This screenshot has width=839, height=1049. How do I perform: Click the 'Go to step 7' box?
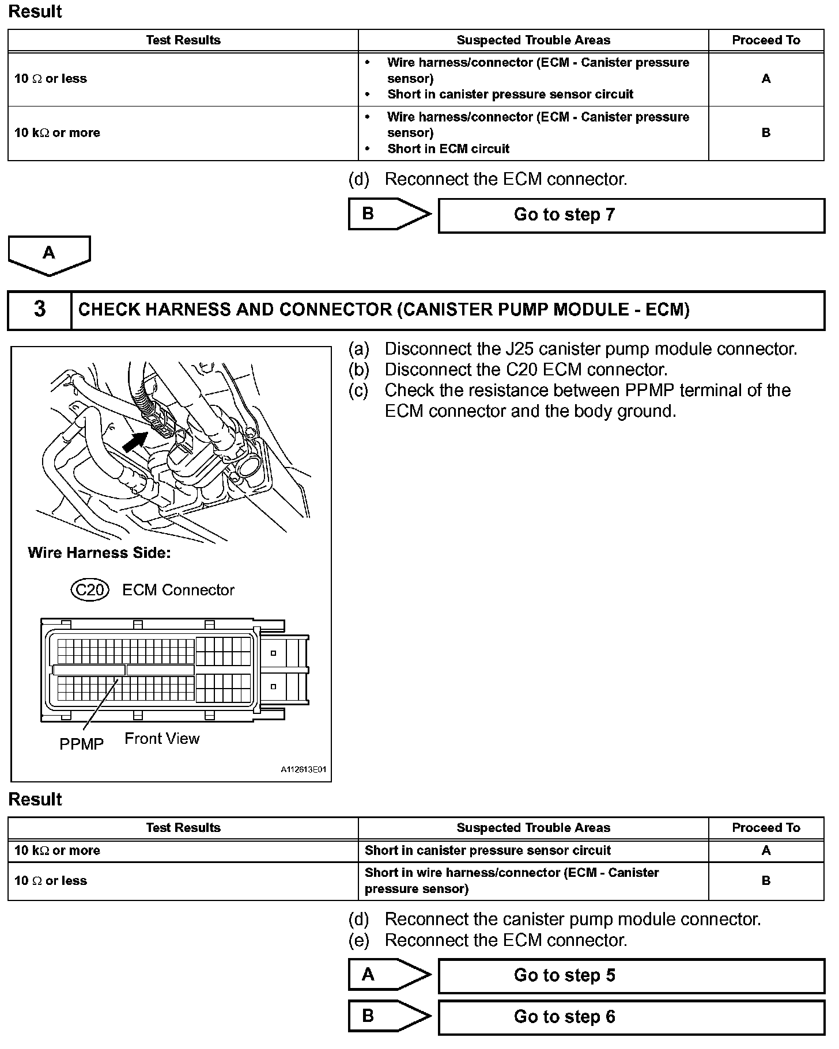(631, 215)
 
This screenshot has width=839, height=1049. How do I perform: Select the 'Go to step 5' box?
(631, 976)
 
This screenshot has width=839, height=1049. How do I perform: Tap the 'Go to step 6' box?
(631, 1017)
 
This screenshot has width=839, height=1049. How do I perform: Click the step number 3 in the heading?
(39, 310)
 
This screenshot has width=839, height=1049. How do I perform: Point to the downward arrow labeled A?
(49, 254)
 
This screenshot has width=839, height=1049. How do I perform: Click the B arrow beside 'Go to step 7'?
(389, 214)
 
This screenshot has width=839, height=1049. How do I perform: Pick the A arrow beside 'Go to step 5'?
(389, 975)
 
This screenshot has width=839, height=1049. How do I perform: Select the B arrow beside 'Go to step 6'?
(389, 1016)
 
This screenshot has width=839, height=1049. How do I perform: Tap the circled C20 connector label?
(89, 590)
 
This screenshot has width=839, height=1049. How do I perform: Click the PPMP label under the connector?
(81, 744)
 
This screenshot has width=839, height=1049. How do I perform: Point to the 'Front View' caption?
(162, 739)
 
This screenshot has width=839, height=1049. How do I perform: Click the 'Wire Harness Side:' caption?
(99, 553)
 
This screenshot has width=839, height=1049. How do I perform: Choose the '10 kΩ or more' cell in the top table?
(57, 133)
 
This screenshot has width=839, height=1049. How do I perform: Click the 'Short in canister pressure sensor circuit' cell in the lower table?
(487, 851)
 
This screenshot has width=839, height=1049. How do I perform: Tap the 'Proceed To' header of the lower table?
(766, 828)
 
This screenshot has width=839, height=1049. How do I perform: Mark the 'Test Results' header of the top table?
(183, 40)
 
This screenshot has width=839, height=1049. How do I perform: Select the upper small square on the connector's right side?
(273, 653)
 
